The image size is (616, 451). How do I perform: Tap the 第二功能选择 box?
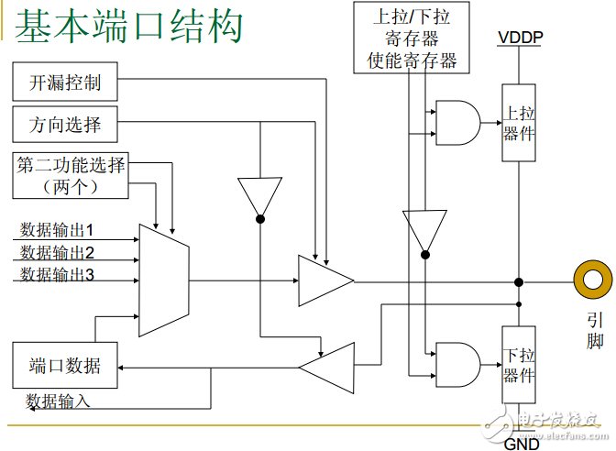tap(71, 175)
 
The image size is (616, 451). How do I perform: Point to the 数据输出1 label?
tap(70, 228)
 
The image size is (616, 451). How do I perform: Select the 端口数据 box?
tap(65, 366)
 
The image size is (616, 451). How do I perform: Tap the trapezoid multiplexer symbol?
tap(163, 279)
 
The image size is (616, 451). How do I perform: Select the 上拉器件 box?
tap(519, 123)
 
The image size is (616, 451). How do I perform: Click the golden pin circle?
tap(592, 280)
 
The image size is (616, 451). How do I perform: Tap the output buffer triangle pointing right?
tap(323, 280)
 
